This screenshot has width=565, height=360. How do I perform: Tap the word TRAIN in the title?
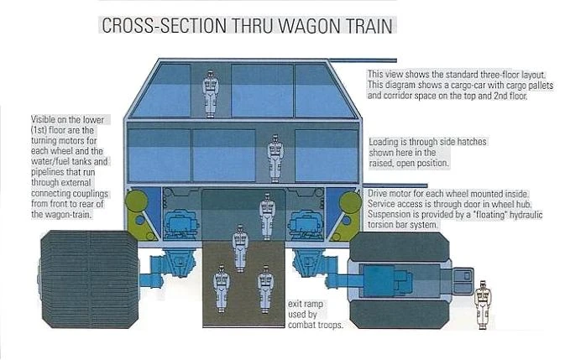click(x=359, y=24)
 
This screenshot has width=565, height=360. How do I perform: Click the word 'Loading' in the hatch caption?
click(x=384, y=143)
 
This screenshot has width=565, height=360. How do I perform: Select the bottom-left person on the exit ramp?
click(x=222, y=285)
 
